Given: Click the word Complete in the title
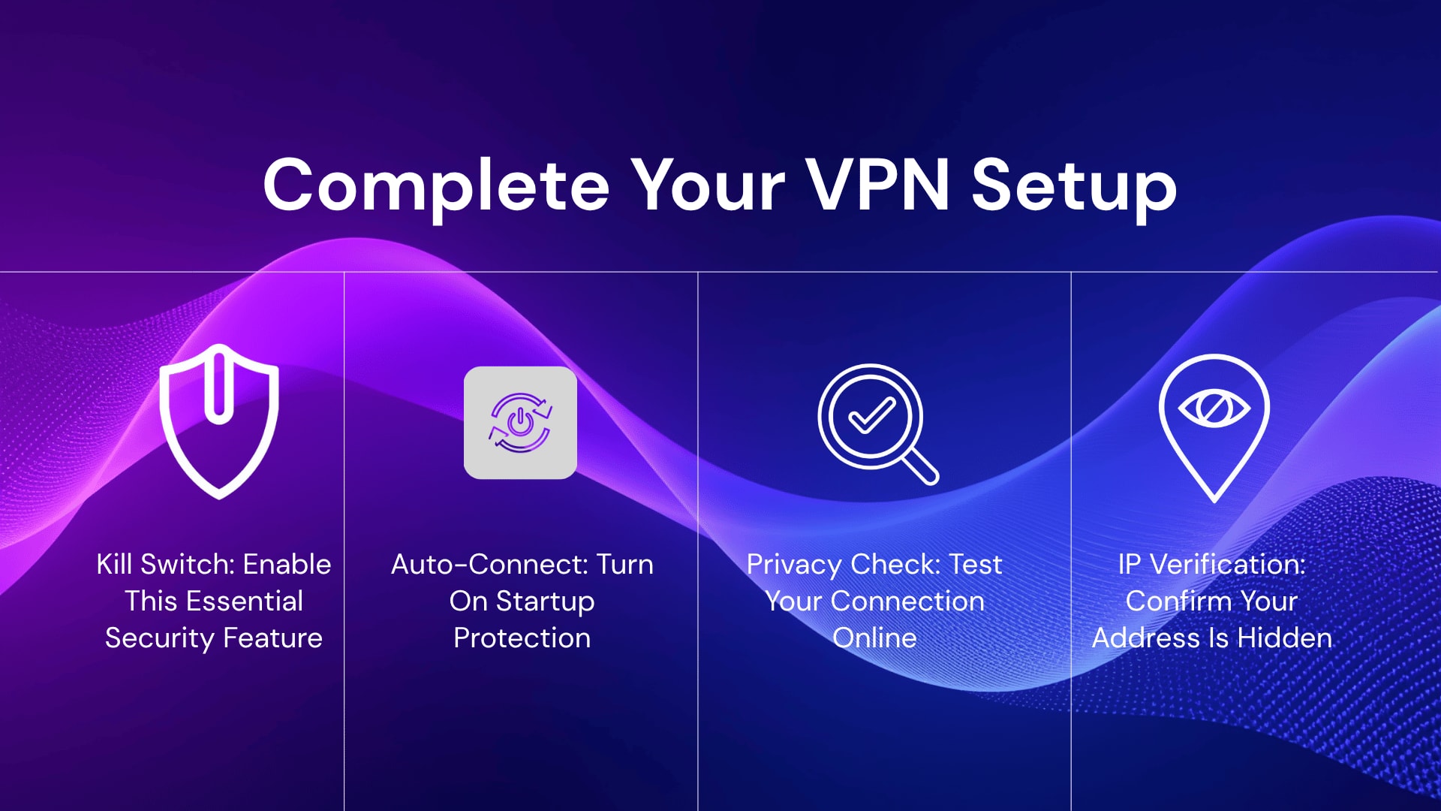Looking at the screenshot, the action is pyautogui.click(x=436, y=185).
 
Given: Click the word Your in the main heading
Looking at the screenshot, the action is pyautogui.click(x=707, y=185).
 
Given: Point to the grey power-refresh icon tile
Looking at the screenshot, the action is pyautogui.click(x=520, y=423).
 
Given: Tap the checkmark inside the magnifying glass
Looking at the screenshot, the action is pyautogui.click(x=871, y=415).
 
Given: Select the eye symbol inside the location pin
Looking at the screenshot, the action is pyautogui.click(x=1214, y=409).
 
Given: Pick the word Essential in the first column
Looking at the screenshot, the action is pyautogui.click(x=245, y=601).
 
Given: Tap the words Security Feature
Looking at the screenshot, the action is pyautogui.click(x=214, y=638).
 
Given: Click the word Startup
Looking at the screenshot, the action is pyautogui.click(x=545, y=601).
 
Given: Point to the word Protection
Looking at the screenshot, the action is pyautogui.click(x=522, y=638).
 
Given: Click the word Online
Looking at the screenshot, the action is pyautogui.click(x=874, y=638).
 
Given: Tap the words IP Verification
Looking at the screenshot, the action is pyautogui.click(x=1211, y=564).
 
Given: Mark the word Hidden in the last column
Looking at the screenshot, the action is pyautogui.click(x=1284, y=638).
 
